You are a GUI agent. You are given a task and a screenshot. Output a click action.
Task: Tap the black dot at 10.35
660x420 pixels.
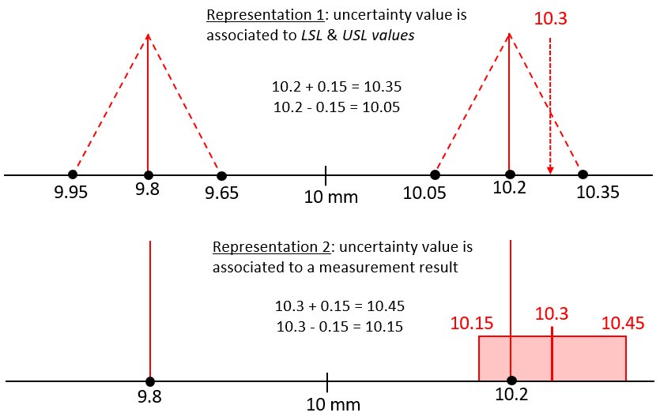pos(583,174)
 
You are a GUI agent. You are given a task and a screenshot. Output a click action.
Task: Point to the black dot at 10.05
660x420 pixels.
pos(435,174)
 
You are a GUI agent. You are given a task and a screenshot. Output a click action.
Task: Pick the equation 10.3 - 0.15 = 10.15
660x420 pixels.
pos(339,326)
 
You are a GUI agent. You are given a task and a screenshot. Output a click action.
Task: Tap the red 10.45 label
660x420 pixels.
pos(623,323)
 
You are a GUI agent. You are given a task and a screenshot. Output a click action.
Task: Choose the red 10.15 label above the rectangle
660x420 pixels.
pos(472,323)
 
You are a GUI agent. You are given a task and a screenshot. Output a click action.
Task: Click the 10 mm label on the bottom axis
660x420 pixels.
pos(334,404)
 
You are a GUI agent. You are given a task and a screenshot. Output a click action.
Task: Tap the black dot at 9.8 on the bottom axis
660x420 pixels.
pos(149,382)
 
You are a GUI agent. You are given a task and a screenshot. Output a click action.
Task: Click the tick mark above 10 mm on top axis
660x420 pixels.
pos(326,174)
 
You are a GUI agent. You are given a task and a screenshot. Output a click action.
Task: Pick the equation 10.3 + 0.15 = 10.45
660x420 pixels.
pos(339,306)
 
